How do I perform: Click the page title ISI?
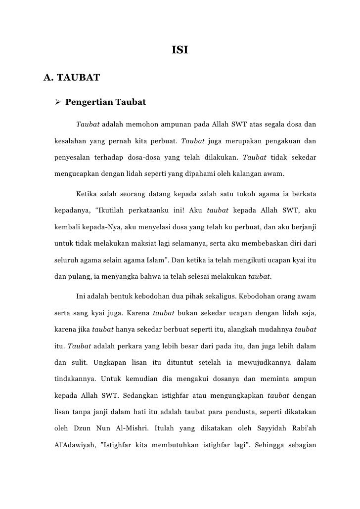pyautogui.click(x=180, y=50)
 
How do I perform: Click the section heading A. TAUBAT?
pyautogui.click(x=72, y=77)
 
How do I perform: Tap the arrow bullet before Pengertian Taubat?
pyautogui.click(x=57, y=103)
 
